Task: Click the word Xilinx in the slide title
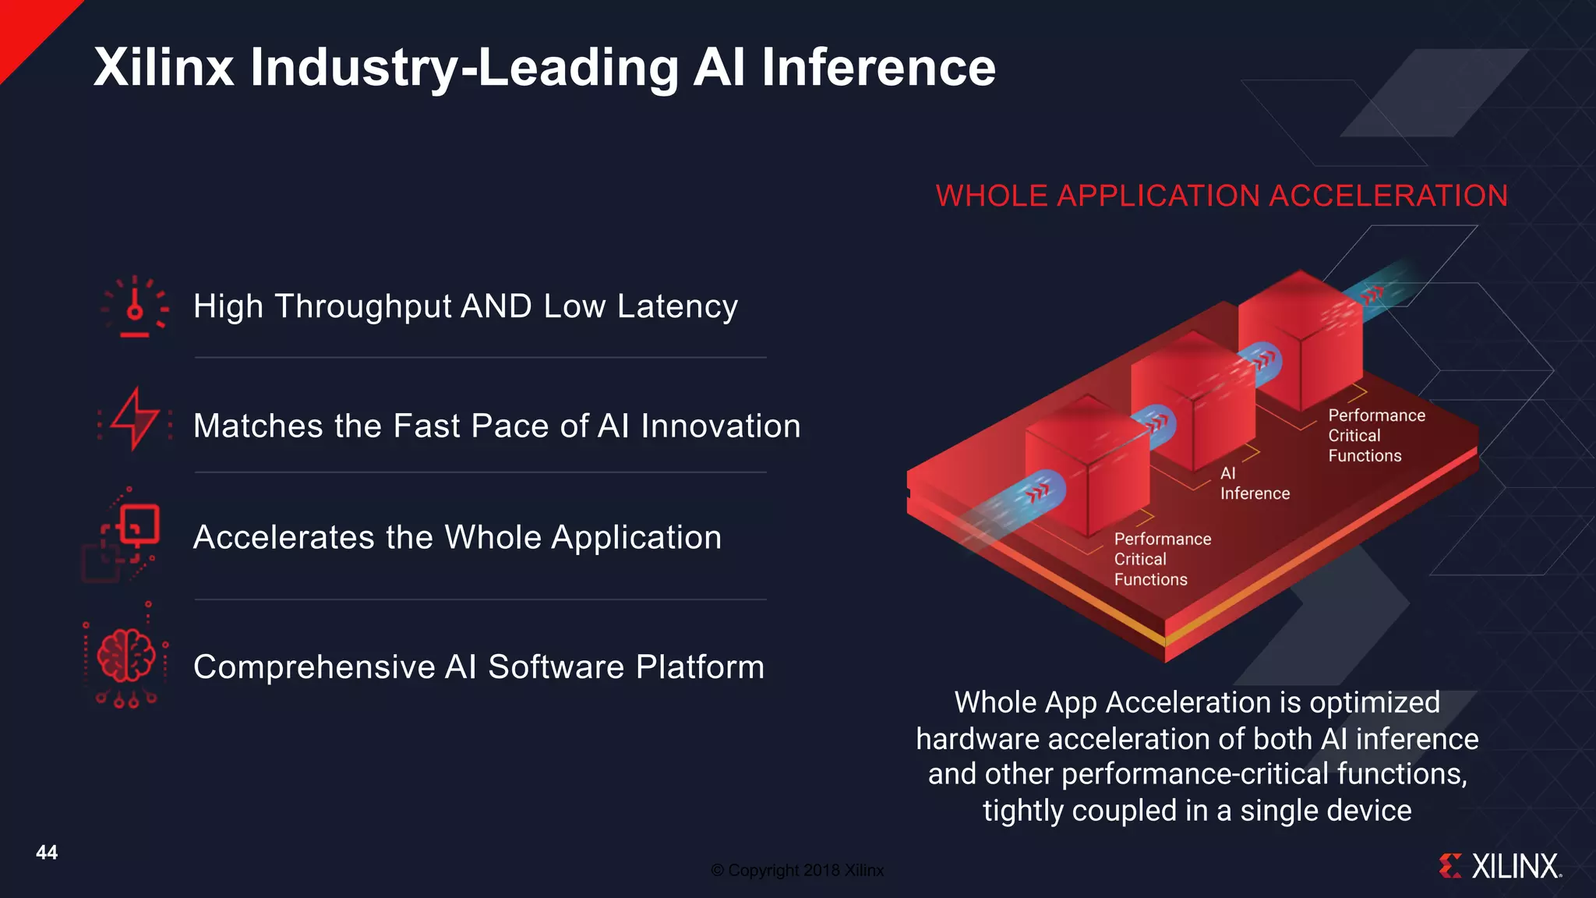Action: (164, 67)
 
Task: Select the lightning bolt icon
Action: (135, 419)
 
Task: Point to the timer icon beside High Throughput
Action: (135, 307)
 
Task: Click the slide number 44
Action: (47, 852)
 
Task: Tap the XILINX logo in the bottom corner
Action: (1501, 866)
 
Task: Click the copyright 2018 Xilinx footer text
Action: (797, 870)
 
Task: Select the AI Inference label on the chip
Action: (1253, 483)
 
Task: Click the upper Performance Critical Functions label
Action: (1375, 435)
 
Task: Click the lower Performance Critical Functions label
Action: (1161, 559)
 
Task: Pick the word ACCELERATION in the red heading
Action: (1388, 196)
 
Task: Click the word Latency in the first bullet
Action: (677, 306)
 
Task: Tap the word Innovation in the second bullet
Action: (720, 426)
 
